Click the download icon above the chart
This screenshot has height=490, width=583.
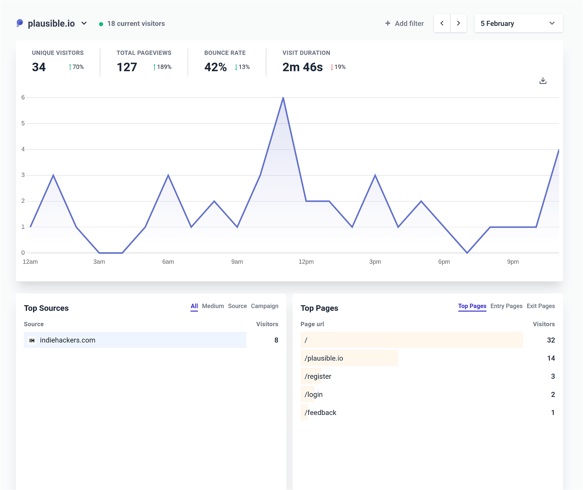coord(543,81)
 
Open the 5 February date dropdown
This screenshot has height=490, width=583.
coord(518,23)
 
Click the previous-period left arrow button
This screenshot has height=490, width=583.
coord(442,23)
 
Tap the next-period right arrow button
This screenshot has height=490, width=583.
coord(458,23)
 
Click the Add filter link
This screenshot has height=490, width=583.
coord(404,23)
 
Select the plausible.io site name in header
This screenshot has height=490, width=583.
coord(51,23)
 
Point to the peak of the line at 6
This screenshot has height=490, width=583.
coord(283,98)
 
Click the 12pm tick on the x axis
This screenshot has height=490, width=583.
coord(306,262)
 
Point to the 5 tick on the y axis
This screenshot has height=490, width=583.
coord(23,123)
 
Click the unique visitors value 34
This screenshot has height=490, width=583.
coord(39,67)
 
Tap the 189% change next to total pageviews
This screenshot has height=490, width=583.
coord(163,67)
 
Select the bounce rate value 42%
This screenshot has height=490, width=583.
coord(215,67)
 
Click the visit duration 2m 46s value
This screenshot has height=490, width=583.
coord(302,67)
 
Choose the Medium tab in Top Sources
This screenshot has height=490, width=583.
coord(213,306)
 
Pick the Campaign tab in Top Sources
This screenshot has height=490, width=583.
coord(265,306)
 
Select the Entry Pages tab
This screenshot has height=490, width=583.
coord(506,306)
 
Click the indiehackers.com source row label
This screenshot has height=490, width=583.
coord(67,340)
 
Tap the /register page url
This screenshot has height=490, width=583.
coord(318,376)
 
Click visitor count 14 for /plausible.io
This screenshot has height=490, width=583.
coord(551,358)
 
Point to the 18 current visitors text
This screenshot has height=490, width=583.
coord(136,23)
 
